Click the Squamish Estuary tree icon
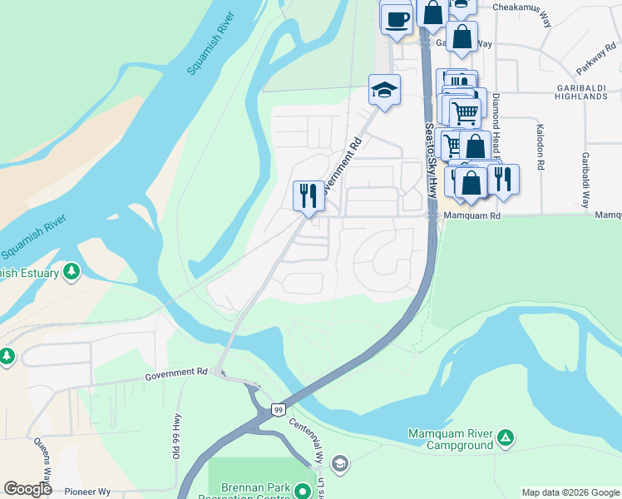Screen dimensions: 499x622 click(72, 271)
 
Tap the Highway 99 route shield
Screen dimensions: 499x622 click(279, 409)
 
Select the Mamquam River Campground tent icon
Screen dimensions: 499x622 click(504, 437)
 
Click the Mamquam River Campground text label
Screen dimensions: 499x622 click(451, 440)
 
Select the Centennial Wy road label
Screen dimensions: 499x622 click(304, 432)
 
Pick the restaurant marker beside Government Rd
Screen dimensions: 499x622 click(309, 195)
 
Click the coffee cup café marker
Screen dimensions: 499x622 click(397, 18)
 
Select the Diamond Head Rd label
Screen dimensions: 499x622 click(495, 125)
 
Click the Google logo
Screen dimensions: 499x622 click(28, 489)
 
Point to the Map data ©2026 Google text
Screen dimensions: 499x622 click(570, 492)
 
